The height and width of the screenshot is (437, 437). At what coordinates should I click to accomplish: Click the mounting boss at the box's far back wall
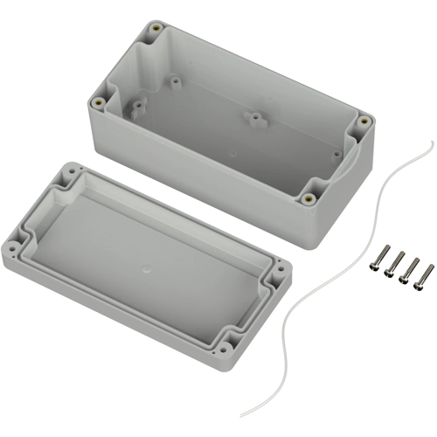tap(175, 81)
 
